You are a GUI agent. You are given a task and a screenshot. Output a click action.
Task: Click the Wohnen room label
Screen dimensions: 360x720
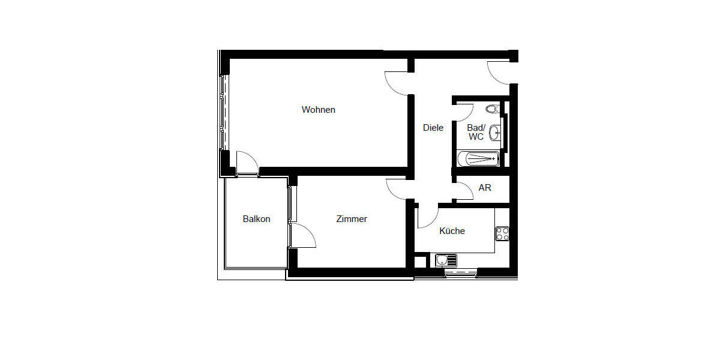pos(318,110)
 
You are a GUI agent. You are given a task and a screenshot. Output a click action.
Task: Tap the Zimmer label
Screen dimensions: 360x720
pos(352,219)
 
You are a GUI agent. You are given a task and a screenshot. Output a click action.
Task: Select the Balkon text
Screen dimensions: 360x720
pos(256,219)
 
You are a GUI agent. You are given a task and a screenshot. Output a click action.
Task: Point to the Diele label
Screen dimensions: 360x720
pos(433,128)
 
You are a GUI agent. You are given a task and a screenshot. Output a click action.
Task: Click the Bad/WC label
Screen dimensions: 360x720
pos(476,132)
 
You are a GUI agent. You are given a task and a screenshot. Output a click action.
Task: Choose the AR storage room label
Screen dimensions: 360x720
pos(485,188)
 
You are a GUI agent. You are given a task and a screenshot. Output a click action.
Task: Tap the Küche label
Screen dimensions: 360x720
pos(452,231)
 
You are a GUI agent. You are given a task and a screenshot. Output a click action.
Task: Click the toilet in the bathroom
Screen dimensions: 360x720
pos(493,109)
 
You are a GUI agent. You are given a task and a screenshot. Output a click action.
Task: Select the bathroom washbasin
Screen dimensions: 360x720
pos(495,132)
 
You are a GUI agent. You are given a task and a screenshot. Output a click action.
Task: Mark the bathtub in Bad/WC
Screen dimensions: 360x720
pos(478,158)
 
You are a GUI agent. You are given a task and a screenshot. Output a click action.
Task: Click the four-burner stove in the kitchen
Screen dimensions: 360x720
pos(502,233)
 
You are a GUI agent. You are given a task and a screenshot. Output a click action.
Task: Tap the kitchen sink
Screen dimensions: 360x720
pos(445,260)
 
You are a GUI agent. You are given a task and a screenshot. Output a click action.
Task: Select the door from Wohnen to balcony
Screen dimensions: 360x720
pos(247,163)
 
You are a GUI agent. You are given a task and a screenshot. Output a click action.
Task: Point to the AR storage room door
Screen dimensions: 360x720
pos(463,190)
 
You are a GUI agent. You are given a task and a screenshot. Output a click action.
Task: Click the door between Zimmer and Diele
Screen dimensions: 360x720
pos(397,189)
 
